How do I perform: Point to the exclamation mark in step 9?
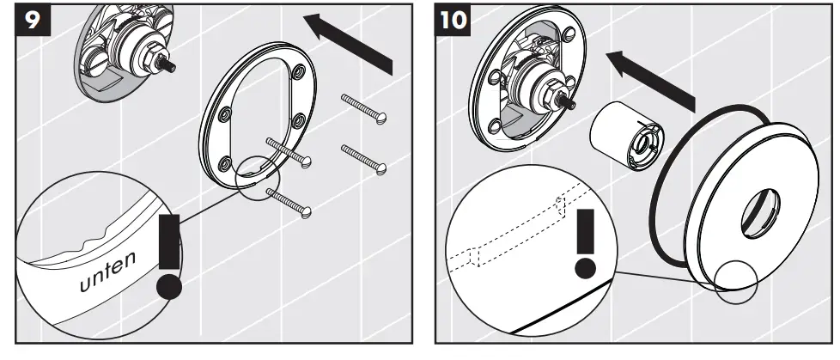tap(170, 253)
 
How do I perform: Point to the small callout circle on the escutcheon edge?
tap(733, 280)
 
